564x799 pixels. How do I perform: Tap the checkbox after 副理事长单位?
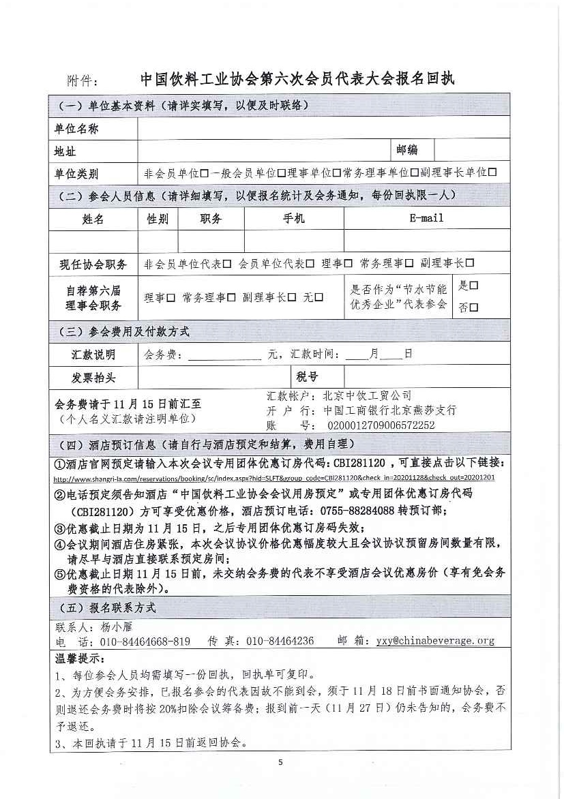pos(492,173)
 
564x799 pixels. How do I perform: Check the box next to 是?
pos(473,286)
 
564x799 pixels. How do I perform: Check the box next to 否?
pos(474,307)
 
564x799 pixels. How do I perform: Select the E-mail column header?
pos(426,218)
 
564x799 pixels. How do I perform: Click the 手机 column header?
pos(294,218)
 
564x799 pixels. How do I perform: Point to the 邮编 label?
pos(407,150)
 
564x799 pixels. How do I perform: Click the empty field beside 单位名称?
pos(323,128)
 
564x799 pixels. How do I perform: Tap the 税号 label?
pos(308,376)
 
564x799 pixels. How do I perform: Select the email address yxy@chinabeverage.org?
pos(435,641)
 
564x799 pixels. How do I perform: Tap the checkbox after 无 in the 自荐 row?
pos(318,297)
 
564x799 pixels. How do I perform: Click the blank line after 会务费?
pos(224,355)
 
